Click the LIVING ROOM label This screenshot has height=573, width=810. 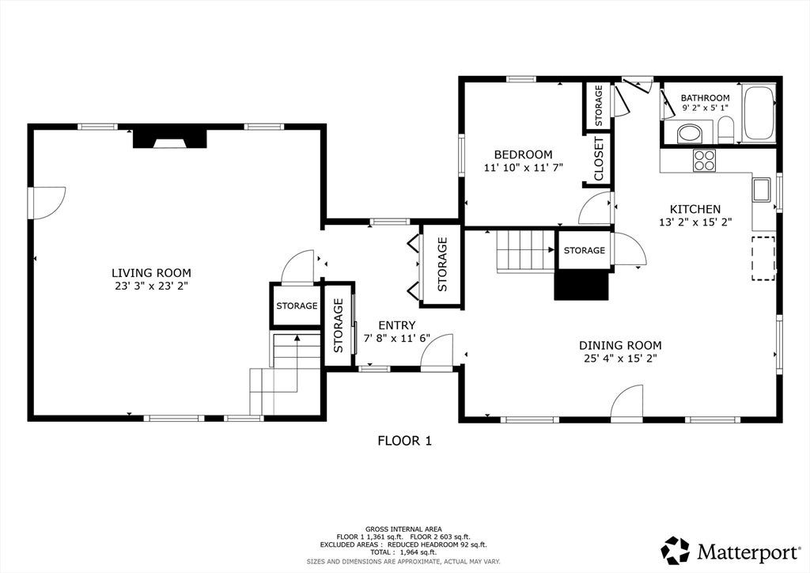pyautogui.click(x=151, y=273)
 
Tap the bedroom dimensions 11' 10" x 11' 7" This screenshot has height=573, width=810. pyautogui.click(x=524, y=168)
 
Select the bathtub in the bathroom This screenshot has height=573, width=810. pyautogui.click(x=759, y=113)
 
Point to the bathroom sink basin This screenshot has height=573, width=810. pyautogui.click(x=690, y=134)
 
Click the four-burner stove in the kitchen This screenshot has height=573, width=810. pyautogui.click(x=704, y=160)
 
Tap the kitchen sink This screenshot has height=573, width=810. pyautogui.click(x=761, y=190)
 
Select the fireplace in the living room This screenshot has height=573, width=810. pyautogui.click(x=170, y=139)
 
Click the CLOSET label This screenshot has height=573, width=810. pyautogui.click(x=599, y=159)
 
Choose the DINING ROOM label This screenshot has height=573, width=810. pyautogui.click(x=620, y=345)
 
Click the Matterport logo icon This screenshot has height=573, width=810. pyautogui.click(x=676, y=550)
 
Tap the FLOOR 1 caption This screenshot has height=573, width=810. pyautogui.click(x=404, y=441)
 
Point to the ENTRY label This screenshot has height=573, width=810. pyautogui.click(x=397, y=325)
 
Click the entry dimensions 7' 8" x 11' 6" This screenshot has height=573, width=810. pyautogui.click(x=397, y=339)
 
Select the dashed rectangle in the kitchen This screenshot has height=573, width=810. pyautogui.click(x=763, y=258)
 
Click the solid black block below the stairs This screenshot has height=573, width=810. pyautogui.click(x=581, y=285)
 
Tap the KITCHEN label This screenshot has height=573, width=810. pyautogui.click(x=695, y=209)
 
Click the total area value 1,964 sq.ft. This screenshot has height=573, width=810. pyautogui.click(x=414, y=552)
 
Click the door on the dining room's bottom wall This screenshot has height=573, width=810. pyautogui.click(x=626, y=400)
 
